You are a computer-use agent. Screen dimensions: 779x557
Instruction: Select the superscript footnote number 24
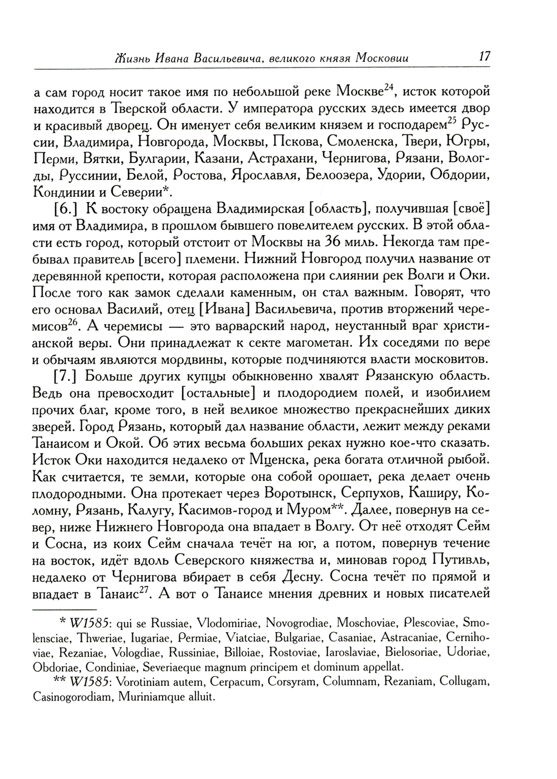pos(393,86)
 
